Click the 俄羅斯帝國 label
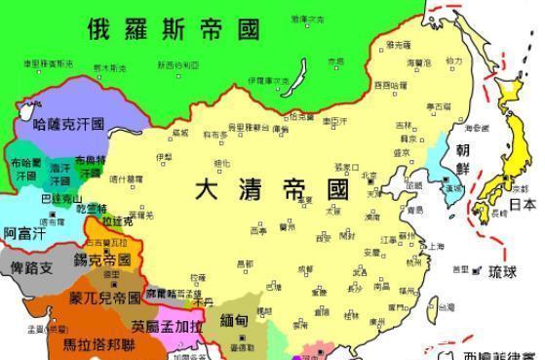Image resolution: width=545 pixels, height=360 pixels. (x=175, y=28)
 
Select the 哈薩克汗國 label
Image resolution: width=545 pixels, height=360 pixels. (x=68, y=126)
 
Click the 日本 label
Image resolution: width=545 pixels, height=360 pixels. (x=523, y=205)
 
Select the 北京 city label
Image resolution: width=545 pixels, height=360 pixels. (x=371, y=177)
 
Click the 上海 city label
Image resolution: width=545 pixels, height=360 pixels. (x=433, y=246)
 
